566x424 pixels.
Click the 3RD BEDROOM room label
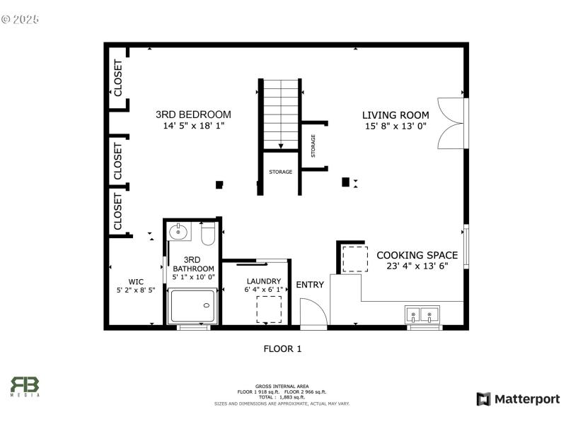click(193, 114)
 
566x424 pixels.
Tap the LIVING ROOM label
click(395, 115)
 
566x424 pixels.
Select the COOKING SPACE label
click(417, 255)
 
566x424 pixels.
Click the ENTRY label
click(310, 285)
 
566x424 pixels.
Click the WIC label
click(136, 281)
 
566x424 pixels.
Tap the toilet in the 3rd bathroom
click(208, 232)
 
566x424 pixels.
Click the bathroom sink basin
click(179, 231)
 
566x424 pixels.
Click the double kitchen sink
click(422, 314)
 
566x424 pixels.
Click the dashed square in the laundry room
click(269, 310)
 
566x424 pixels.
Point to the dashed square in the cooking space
click(355, 259)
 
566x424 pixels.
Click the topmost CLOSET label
click(118, 78)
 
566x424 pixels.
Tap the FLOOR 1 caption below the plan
click(282, 348)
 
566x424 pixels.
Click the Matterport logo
click(518, 399)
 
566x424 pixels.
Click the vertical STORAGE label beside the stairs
click(313, 146)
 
